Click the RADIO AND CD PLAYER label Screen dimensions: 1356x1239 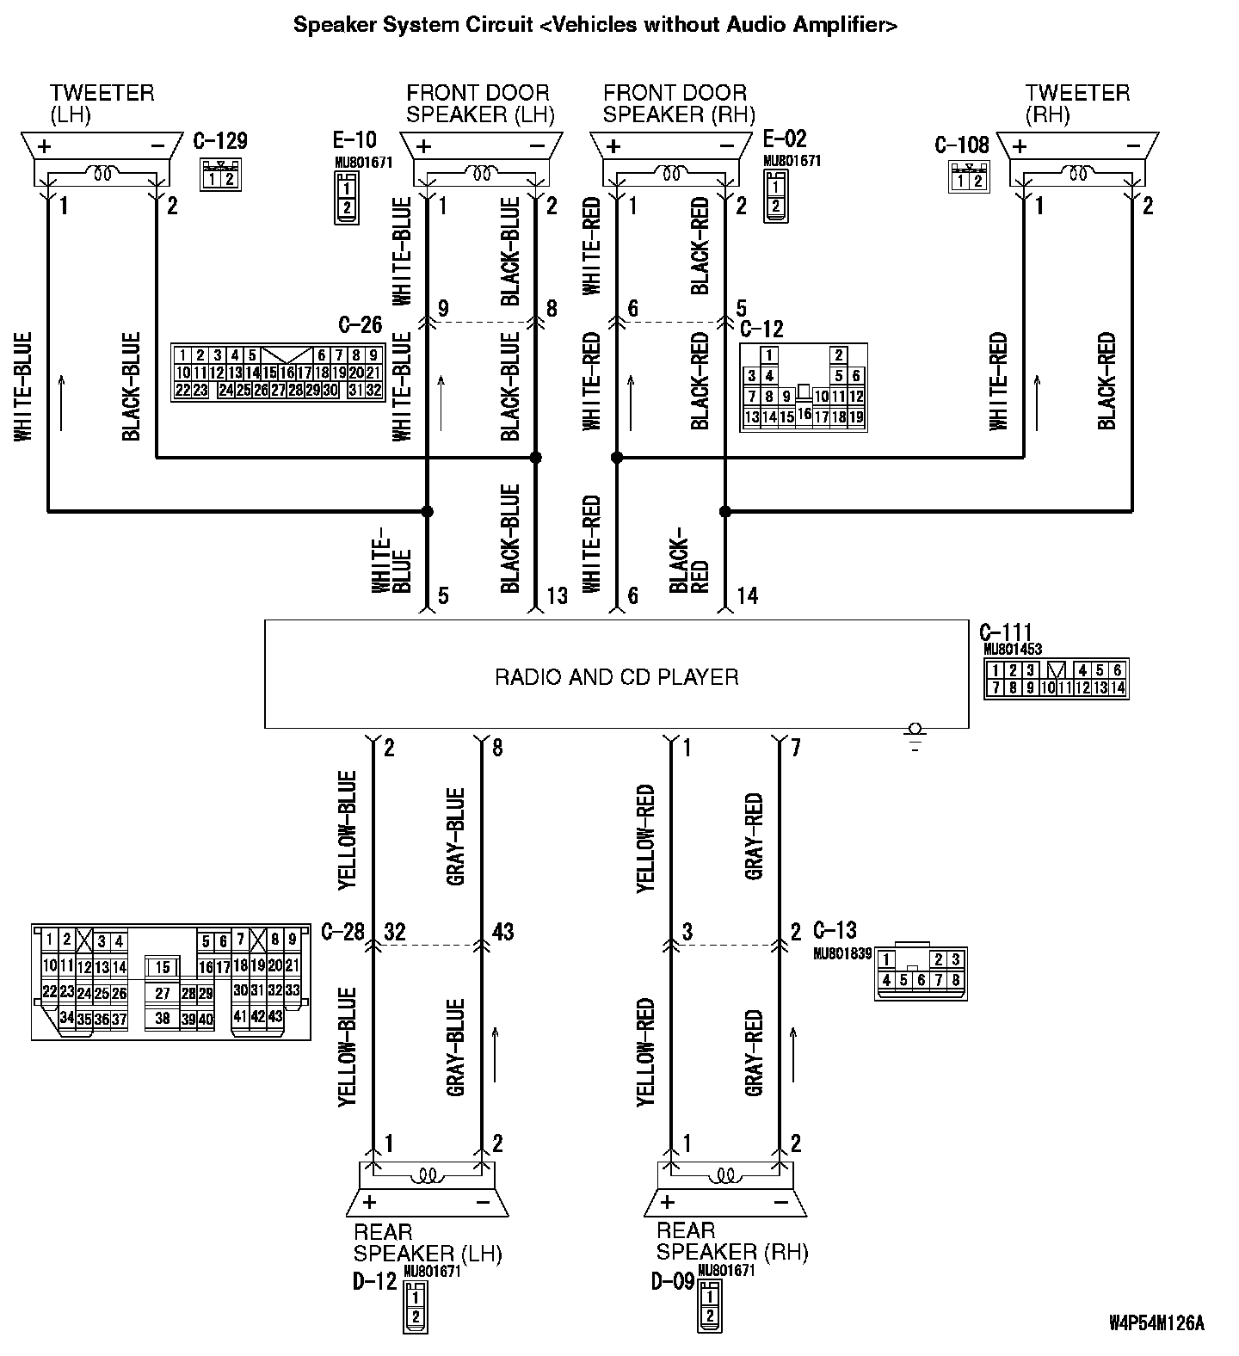616,677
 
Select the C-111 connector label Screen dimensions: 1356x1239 1005,634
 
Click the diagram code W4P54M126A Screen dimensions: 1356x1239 1156,1322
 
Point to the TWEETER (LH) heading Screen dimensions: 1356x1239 102,103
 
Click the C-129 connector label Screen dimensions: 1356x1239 220,140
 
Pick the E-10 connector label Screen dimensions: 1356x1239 354,140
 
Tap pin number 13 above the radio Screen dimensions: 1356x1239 557,595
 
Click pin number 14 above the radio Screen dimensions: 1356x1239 747,595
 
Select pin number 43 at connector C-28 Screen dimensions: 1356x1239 502,932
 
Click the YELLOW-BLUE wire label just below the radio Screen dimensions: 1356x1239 347,830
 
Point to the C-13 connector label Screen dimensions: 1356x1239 835,930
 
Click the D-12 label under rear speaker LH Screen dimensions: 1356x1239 374,1281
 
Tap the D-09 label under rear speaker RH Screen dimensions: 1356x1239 673,1281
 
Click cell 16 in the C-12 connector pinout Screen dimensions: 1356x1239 804,414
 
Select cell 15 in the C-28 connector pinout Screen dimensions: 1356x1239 163,968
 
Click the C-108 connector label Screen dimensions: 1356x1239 962,145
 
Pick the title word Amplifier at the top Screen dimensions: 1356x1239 844,24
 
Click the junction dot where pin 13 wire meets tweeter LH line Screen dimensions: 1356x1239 535,458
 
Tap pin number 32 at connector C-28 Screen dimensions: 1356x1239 394,932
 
